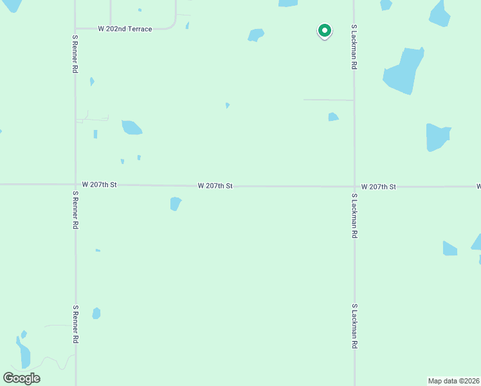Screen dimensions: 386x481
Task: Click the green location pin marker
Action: [325, 30]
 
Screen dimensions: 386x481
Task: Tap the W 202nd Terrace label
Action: [125, 29]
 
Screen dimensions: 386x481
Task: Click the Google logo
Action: [21, 378]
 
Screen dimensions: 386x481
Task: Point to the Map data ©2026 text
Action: [453, 381]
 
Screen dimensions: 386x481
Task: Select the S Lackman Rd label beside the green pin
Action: [354, 48]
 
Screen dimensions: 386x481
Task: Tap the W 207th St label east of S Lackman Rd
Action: [378, 187]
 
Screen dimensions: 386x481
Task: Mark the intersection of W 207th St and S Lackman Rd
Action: [354, 187]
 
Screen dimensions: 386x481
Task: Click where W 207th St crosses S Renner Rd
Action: [75, 185]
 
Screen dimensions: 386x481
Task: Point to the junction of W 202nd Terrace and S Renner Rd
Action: [75, 29]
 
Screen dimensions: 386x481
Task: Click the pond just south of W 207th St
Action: [175, 204]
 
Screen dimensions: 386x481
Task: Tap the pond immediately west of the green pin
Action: [256, 35]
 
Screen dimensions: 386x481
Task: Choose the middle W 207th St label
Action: [215, 186]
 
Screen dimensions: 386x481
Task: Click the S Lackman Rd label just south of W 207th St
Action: [354, 216]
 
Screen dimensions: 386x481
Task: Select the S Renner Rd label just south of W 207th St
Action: [75, 210]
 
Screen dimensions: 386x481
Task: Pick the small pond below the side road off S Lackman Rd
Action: [333, 117]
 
